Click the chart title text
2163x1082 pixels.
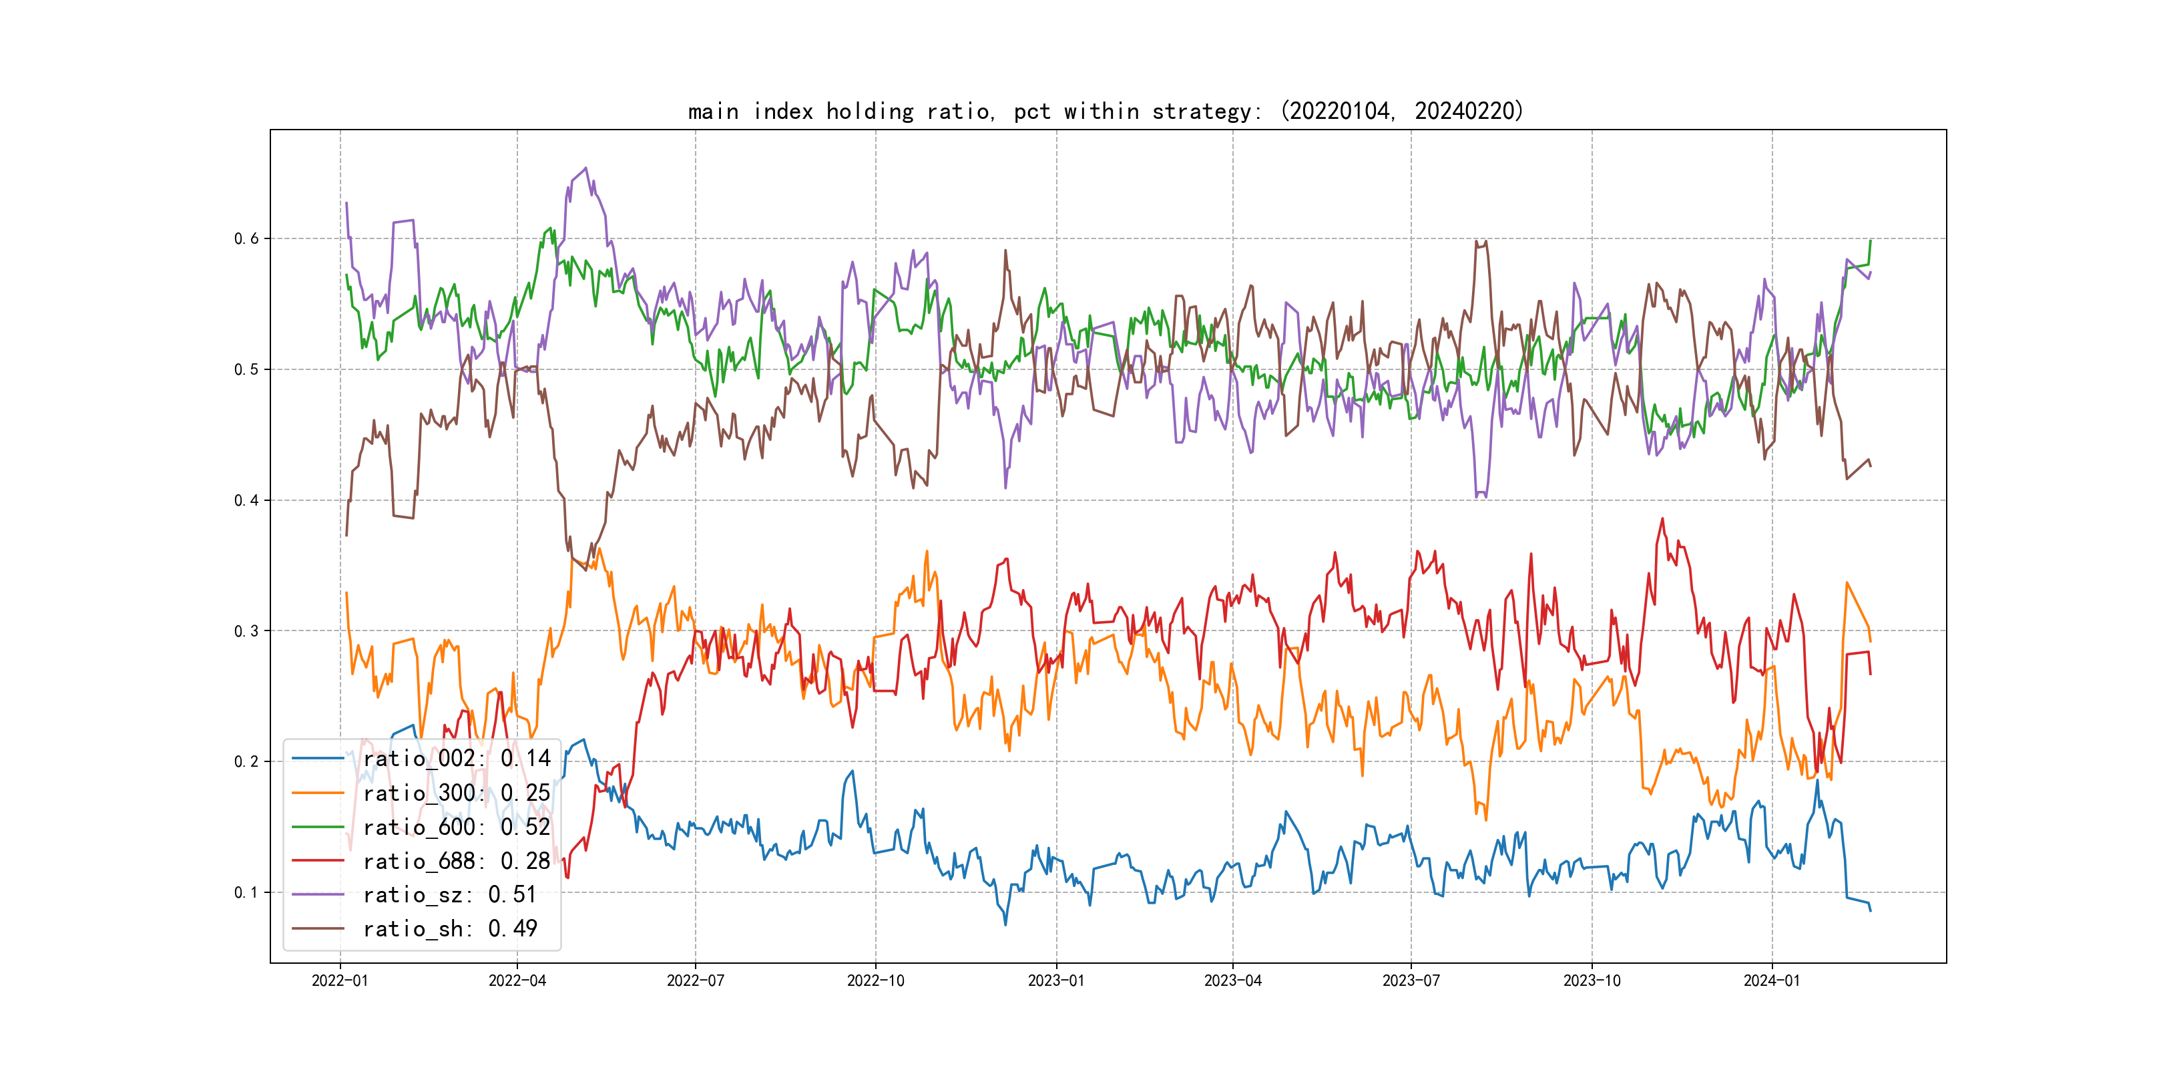click(x=1105, y=112)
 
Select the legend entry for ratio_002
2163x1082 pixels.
click(x=456, y=759)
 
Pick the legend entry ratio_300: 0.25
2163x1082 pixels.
click(x=456, y=793)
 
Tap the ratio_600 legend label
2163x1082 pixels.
click(x=456, y=828)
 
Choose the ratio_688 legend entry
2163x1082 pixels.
click(x=456, y=861)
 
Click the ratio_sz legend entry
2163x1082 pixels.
click(x=449, y=895)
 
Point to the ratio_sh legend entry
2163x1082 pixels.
click(x=449, y=929)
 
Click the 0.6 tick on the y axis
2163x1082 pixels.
click(x=246, y=238)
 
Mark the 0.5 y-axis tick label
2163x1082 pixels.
click(x=246, y=369)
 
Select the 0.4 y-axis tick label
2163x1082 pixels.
click(x=246, y=501)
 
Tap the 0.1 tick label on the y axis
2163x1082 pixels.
click(x=246, y=892)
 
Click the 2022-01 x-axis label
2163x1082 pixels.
click(x=340, y=980)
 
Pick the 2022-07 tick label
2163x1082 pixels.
click(x=695, y=980)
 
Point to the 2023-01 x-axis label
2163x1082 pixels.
click(x=1056, y=980)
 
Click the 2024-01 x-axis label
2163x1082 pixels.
click(x=1772, y=980)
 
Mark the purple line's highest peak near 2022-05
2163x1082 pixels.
click(x=586, y=168)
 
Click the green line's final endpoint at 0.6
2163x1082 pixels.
click(x=1871, y=241)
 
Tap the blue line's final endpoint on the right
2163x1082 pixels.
click(x=1871, y=910)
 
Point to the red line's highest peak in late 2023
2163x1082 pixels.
click(x=1662, y=519)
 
